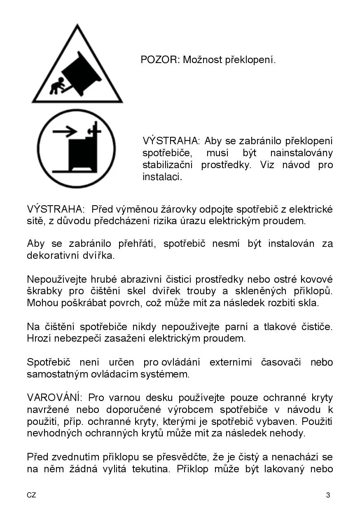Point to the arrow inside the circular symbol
click(x=65, y=132)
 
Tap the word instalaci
click(x=162, y=177)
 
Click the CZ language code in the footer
click(x=31, y=495)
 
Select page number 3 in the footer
click(x=328, y=495)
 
